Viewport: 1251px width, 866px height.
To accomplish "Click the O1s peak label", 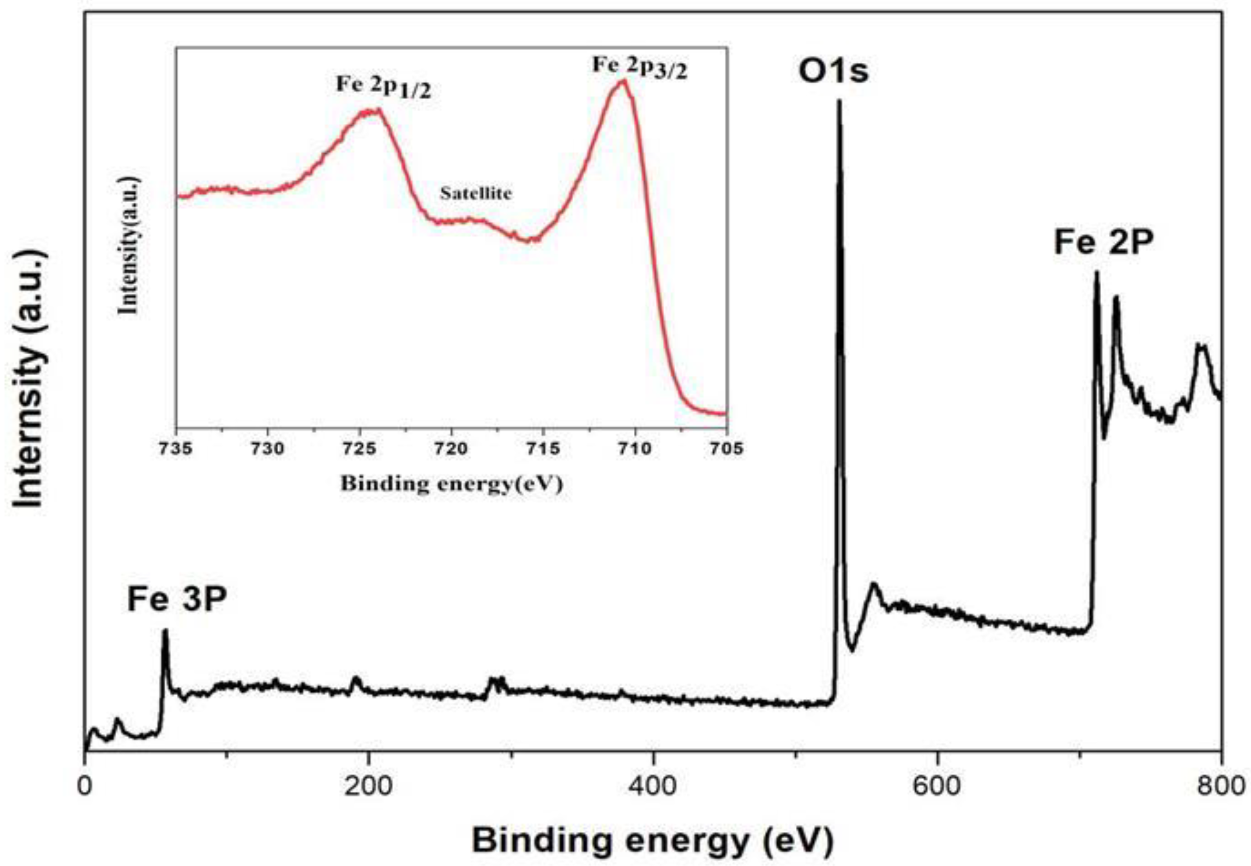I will pos(833,72).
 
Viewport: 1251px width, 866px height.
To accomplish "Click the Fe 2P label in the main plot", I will pos(1103,242).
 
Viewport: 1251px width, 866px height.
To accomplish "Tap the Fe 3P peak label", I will pos(177,599).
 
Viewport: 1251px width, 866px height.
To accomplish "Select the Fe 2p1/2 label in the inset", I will pos(384,87).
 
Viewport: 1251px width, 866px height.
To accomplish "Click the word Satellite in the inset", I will pos(476,193).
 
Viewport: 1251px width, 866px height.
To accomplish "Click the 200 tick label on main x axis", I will pos(369,786).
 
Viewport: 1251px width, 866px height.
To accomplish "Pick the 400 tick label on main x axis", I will pos(653,786).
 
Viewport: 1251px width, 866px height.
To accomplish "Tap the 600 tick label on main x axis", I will pos(937,786).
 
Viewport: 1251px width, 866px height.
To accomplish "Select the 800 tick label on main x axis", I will pos(1221,786).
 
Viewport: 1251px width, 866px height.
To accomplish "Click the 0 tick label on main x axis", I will pos(84,786).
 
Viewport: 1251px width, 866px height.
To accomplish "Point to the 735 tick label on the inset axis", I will pos(176,448).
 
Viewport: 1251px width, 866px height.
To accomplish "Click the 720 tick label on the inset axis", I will pos(451,448).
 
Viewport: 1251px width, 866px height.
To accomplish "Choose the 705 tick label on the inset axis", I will pos(726,448).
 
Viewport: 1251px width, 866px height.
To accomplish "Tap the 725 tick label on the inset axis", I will pos(359,448).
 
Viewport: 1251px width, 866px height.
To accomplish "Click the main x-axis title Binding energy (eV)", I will pos(653,841).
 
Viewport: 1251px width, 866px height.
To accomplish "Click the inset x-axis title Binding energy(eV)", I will pos(451,484).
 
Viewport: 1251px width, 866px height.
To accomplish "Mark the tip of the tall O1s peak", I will pos(839,101).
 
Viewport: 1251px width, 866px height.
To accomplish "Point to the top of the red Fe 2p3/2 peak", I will pos(623,81).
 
